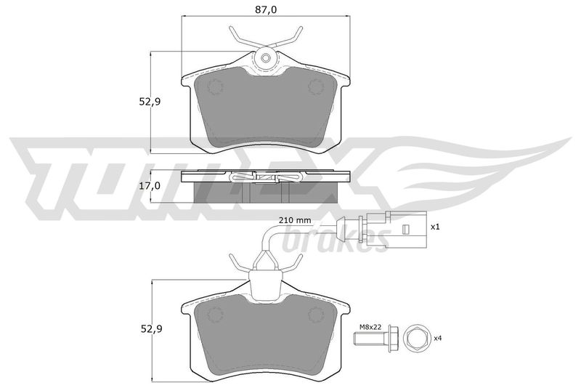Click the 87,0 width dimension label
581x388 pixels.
266,9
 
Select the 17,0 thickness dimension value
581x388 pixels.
150,186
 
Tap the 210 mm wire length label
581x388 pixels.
295,220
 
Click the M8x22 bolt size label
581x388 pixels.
370,327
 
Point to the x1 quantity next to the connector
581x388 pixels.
434,227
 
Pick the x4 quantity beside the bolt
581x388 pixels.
438,338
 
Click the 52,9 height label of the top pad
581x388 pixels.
150,102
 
